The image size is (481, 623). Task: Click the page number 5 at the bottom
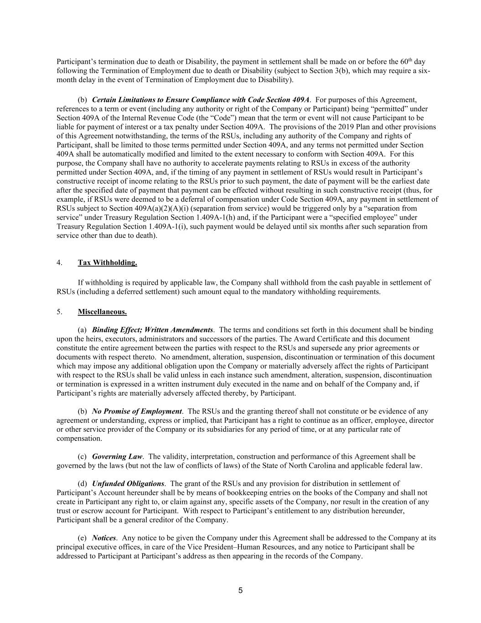point(240,591)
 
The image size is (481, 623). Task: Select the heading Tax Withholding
point(107,262)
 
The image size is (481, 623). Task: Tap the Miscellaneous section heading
point(102,312)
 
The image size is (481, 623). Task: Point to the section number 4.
point(59,262)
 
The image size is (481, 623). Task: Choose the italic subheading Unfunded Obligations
point(128,483)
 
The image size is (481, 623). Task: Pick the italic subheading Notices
point(104,538)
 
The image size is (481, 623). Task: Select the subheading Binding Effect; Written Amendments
point(152,330)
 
